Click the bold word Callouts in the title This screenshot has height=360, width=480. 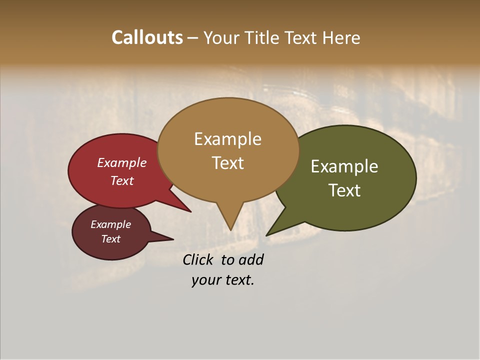click(x=147, y=37)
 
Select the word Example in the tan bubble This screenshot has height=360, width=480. click(x=227, y=139)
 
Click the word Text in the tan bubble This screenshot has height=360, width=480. click(x=227, y=163)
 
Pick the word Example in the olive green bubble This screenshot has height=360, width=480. click(x=344, y=166)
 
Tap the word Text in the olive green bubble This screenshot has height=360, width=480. click(x=344, y=190)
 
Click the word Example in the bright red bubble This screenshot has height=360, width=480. click(x=122, y=163)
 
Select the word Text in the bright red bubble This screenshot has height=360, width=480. click(x=122, y=181)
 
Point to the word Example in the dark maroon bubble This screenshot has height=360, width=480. click(x=111, y=225)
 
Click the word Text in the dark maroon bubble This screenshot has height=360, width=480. click(x=111, y=239)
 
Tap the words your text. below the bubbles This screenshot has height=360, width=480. click(x=223, y=280)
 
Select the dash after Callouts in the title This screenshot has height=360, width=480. click(x=193, y=38)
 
